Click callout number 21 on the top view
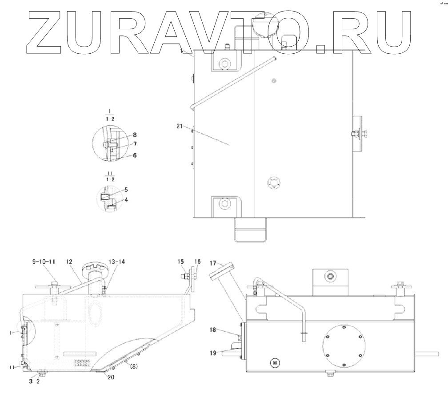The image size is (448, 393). [x=180, y=126]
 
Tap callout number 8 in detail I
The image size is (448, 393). [x=135, y=134]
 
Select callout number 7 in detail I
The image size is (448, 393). [x=135, y=144]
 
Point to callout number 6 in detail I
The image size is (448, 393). [x=135, y=155]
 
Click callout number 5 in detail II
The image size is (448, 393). [x=126, y=189]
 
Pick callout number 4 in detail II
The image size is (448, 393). [x=126, y=200]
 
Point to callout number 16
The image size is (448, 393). [x=197, y=262]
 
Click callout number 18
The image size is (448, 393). [x=213, y=330]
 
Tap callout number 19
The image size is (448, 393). [x=213, y=353]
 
